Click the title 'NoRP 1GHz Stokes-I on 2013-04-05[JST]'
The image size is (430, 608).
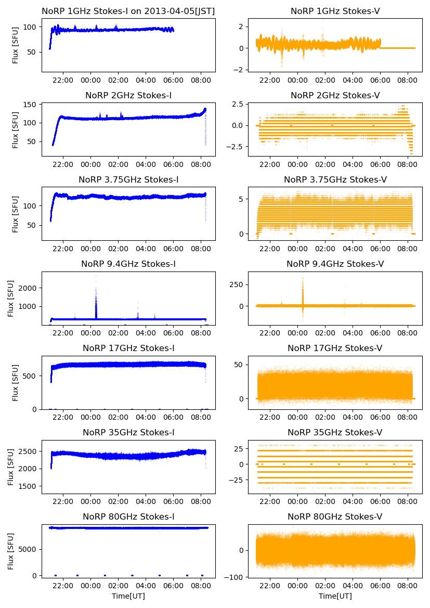(128, 11)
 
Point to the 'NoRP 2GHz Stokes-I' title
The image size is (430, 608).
(128, 95)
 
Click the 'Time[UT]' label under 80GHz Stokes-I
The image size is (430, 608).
(128, 596)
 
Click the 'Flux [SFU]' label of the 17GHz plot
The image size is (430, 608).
(16, 383)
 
